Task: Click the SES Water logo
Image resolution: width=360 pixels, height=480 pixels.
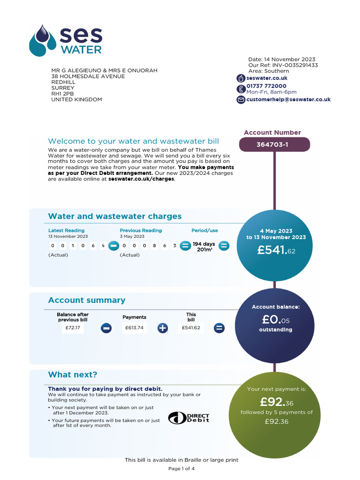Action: tap(66, 40)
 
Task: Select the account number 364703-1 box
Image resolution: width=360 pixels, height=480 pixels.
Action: tap(274, 144)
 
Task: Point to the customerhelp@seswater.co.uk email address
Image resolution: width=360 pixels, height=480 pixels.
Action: tap(288, 99)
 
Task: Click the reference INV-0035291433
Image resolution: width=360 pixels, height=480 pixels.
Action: tap(294, 65)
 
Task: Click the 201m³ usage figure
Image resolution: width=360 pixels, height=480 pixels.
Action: tap(203, 250)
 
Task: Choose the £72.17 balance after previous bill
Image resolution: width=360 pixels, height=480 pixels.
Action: tap(73, 328)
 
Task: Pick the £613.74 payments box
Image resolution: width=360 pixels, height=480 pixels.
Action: tap(134, 328)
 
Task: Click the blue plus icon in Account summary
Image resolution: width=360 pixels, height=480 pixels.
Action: tap(163, 328)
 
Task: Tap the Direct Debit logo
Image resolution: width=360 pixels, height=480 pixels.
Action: tap(188, 418)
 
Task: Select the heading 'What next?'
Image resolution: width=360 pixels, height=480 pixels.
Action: tap(73, 375)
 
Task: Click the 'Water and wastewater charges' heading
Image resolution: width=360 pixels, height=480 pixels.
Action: tap(115, 216)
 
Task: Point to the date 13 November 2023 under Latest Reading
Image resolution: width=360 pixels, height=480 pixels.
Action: tap(68, 237)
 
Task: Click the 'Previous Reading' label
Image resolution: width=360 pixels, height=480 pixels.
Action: tap(141, 230)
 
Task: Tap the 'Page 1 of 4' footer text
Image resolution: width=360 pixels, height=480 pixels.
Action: tap(181, 468)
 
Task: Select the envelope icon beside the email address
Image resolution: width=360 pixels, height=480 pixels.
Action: tap(240, 99)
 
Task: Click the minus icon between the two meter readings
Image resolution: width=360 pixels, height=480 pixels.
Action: tap(113, 246)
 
